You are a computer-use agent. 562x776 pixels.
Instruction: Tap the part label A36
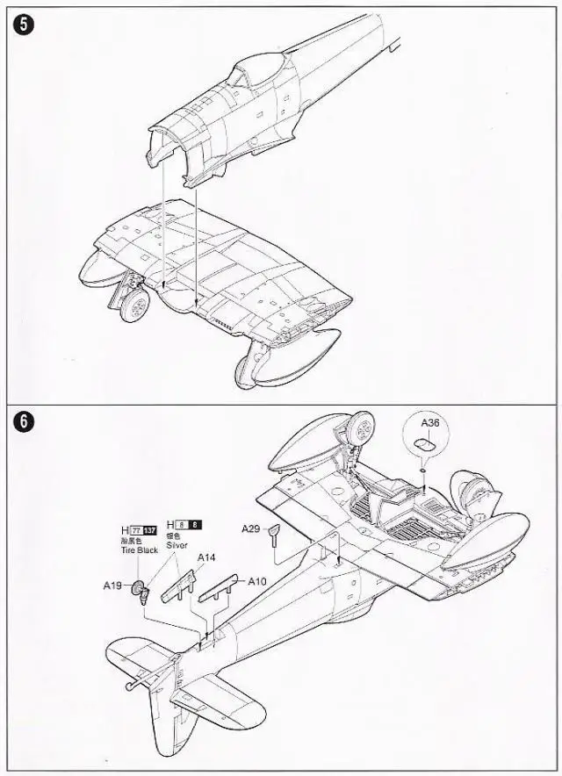(x=429, y=423)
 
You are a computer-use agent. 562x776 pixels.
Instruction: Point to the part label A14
(x=206, y=557)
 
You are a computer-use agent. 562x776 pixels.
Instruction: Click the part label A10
(x=256, y=580)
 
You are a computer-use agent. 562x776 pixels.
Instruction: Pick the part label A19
(x=112, y=585)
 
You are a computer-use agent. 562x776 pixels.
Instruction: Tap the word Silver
(x=177, y=544)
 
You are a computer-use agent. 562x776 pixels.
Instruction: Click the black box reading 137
(x=150, y=530)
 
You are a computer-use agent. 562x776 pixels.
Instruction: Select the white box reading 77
(x=136, y=530)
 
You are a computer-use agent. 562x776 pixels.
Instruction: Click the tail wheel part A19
(x=140, y=590)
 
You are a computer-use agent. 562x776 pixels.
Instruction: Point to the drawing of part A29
(x=276, y=535)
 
